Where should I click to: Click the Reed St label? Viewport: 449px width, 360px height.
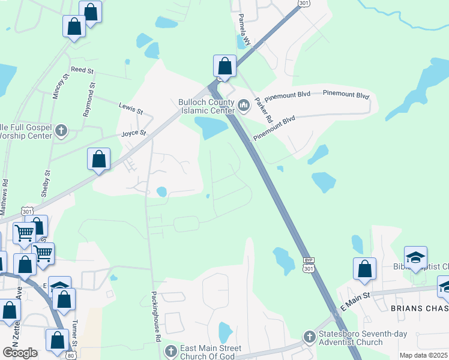tap(83, 70)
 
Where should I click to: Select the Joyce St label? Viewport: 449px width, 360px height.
tap(134, 133)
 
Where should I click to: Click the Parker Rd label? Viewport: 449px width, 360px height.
tap(264, 112)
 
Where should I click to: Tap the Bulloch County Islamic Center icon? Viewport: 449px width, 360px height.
tap(244, 106)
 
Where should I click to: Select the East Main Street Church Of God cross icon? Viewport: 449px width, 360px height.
tap(170, 350)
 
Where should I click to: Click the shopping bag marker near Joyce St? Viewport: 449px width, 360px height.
tap(99, 160)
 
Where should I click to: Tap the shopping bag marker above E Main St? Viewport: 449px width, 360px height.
tap(364, 269)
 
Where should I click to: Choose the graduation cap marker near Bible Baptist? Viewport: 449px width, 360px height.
tap(415, 257)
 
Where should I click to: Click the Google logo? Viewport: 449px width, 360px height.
tap(20, 353)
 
